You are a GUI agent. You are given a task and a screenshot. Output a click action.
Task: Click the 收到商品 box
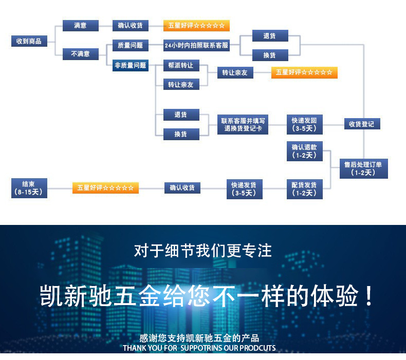pyautogui.click(x=29, y=41)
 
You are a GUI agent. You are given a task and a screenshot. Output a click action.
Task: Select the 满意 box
pyautogui.click(x=80, y=25)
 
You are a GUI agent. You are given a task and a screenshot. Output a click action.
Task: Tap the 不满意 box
pyautogui.click(x=80, y=53)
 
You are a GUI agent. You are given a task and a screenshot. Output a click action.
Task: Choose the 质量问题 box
pyautogui.click(x=130, y=45)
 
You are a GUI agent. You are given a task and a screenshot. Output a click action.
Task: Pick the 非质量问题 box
pyautogui.click(x=130, y=65)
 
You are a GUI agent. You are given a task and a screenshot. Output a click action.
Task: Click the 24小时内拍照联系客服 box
pyautogui.click(x=196, y=46)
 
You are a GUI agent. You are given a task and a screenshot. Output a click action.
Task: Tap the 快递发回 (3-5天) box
pyautogui.click(x=304, y=125)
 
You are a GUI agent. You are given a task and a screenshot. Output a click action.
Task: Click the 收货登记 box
pyautogui.click(x=361, y=124)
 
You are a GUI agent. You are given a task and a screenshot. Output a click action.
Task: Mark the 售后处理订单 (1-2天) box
pyautogui.click(x=366, y=168)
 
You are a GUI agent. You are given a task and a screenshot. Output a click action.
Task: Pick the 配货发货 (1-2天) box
pyautogui.click(x=304, y=189)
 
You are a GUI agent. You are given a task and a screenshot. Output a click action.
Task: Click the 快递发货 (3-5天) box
pyautogui.click(x=244, y=189)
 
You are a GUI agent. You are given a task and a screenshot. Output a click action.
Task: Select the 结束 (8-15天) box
pyautogui.click(x=29, y=188)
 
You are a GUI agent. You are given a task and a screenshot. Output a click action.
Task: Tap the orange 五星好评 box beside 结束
pyautogui.click(x=105, y=188)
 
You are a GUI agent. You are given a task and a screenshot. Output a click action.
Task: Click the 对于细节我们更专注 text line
pyautogui.click(x=203, y=251)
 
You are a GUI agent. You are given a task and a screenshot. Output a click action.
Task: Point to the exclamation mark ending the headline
pyautogui.click(x=368, y=297)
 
